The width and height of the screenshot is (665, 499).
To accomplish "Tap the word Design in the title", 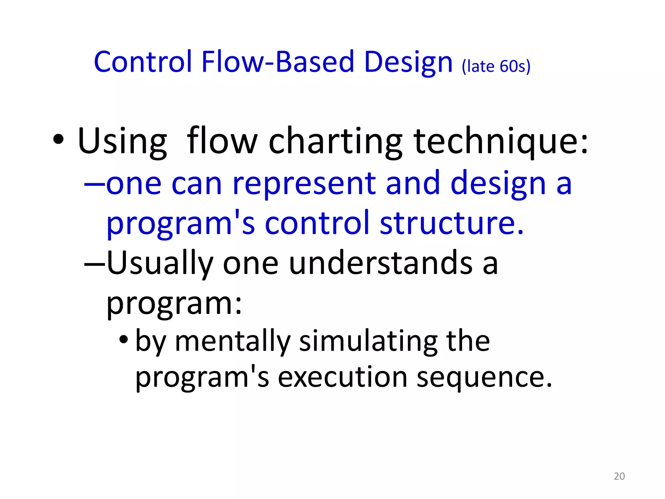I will pyautogui.click(x=408, y=62).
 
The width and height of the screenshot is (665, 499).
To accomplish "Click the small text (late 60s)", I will pyautogui.click(x=496, y=66).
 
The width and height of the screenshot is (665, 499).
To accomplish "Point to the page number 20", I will pyautogui.click(x=619, y=476).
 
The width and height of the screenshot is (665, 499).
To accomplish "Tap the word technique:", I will pyautogui.click(x=501, y=142).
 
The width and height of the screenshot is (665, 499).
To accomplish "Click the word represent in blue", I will pyautogui.click(x=304, y=184).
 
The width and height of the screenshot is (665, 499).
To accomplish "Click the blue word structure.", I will pyautogui.click(x=451, y=224).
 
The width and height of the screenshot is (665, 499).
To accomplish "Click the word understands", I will pyautogui.click(x=380, y=263).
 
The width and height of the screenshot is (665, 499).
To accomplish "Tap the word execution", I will pyautogui.click(x=343, y=377).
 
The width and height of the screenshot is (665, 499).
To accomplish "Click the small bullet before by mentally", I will pyautogui.click(x=124, y=340).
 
